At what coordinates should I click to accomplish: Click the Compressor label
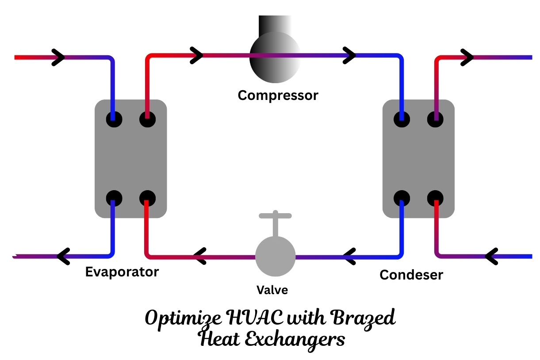[278, 95]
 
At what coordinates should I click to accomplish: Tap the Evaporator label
[122, 272]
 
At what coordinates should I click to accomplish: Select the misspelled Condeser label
[411, 275]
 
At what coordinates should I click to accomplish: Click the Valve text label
[272, 290]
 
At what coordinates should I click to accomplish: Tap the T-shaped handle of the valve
[275, 217]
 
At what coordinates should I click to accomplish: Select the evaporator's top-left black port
[114, 119]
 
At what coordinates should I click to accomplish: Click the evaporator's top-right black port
[147, 119]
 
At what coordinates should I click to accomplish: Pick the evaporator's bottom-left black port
[114, 198]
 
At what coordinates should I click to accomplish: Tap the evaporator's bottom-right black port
[147, 198]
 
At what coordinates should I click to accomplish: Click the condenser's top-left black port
[402, 119]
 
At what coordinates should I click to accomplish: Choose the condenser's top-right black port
[435, 119]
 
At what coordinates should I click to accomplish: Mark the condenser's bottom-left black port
[402, 198]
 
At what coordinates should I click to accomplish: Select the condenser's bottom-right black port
[435, 198]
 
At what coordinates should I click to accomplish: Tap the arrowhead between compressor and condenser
[349, 56]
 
